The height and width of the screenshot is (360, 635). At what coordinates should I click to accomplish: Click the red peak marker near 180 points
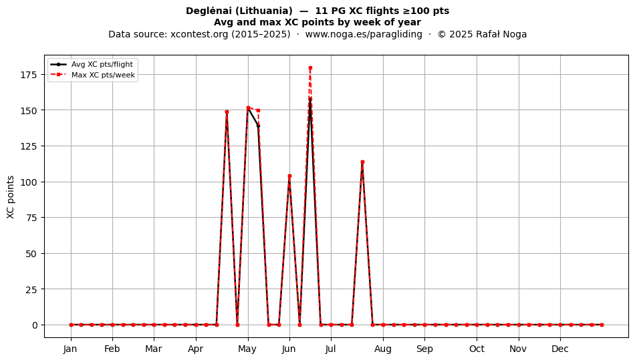310,68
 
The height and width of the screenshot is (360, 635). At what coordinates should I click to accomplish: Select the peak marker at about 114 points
362,162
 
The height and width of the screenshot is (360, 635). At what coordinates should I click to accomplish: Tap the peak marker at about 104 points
289,176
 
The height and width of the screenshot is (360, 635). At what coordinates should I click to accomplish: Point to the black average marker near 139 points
259,126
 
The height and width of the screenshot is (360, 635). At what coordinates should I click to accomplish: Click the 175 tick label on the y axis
29,74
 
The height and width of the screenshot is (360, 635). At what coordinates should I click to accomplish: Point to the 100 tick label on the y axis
29,182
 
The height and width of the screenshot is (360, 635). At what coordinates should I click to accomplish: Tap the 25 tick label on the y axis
32,290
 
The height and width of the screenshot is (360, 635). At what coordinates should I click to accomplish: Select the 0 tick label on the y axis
35,325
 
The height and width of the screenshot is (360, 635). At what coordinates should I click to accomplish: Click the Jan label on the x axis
70,349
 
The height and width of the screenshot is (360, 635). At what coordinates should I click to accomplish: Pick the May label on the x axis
247,349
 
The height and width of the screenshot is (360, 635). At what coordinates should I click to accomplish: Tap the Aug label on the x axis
383,349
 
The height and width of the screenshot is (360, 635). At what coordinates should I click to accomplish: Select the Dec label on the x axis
560,349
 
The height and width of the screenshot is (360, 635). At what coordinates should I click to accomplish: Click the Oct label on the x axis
477,349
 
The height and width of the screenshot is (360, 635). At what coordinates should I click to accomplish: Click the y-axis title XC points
11,197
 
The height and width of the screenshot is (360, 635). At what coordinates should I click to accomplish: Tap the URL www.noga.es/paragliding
364,34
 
